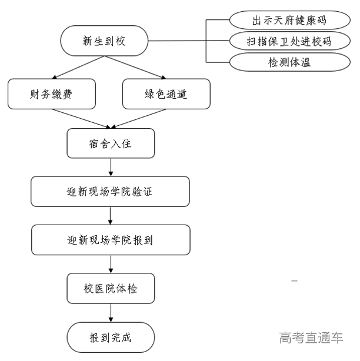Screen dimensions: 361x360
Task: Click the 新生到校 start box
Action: coord(104,41)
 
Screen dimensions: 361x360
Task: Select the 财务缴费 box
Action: coord(52,94)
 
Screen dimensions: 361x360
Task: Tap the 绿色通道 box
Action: coord(166,94)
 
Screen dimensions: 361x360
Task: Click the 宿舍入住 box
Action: coord(111,143)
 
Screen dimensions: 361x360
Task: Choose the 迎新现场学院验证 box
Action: coord(111,192)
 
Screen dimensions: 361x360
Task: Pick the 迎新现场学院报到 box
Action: coord(111,240)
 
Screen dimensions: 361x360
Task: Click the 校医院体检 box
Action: coord(111,288)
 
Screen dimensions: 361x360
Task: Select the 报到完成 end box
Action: coord(111,337)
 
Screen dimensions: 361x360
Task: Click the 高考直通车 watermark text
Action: coord(311,337)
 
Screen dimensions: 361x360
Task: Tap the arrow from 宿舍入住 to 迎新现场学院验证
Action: coord(111,167)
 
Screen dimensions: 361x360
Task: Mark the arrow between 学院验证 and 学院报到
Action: coord(111,215)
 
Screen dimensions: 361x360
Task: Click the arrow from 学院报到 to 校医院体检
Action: coord(111,264)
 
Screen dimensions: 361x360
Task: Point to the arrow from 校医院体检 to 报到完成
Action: coord(111,312)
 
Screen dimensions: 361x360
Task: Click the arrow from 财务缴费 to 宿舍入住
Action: coord(79,118)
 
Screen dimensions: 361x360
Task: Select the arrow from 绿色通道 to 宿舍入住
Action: coord(141,118)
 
